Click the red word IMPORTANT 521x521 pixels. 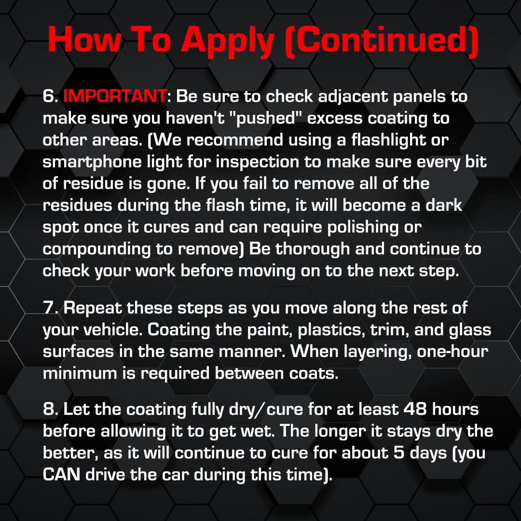tap(114, 96)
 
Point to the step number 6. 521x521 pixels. tap(49, 96)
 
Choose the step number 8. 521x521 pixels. tap(49, 410)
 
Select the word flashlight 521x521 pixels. tap(385, 140)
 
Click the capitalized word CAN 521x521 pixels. tap(61, 475)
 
